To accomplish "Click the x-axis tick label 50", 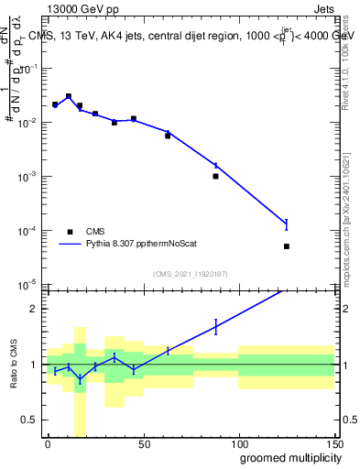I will click(x=143, y=443).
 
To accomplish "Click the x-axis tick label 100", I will click(x=238, y=443).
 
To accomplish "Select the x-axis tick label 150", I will click(x=333, y=443).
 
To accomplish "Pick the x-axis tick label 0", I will click(x=48, y=443).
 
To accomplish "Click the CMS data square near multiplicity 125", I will click(x=287, y=246).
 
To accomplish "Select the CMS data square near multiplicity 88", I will click(x=215, y=176).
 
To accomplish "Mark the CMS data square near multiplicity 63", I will click(x=168, y=136).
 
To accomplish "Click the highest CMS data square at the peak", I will click(x=69, y=96).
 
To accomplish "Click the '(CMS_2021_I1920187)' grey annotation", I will click(x=191, y=273).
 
